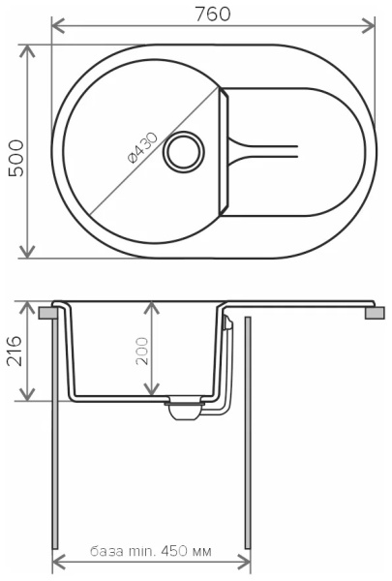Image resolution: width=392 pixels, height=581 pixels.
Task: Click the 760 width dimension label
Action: [x=212, y=14]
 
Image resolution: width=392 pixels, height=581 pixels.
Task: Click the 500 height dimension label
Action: [x=16, y=158]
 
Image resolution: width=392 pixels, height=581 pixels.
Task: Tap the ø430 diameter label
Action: [x=142, y=148]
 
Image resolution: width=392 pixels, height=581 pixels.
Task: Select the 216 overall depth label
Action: [x=15, y=351]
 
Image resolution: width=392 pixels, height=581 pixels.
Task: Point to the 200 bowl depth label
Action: [x=142, y=351]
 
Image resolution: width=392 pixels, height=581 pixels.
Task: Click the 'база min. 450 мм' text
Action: [x=151, y=551]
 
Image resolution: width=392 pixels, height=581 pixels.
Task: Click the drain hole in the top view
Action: [x=184, y=152]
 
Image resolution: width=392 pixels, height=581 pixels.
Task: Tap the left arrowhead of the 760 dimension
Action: [x=58, y=25]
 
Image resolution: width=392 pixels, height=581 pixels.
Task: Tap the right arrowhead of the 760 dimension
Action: [x=368, y=25]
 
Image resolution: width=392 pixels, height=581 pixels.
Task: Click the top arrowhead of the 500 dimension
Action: [x=27, y=51]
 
